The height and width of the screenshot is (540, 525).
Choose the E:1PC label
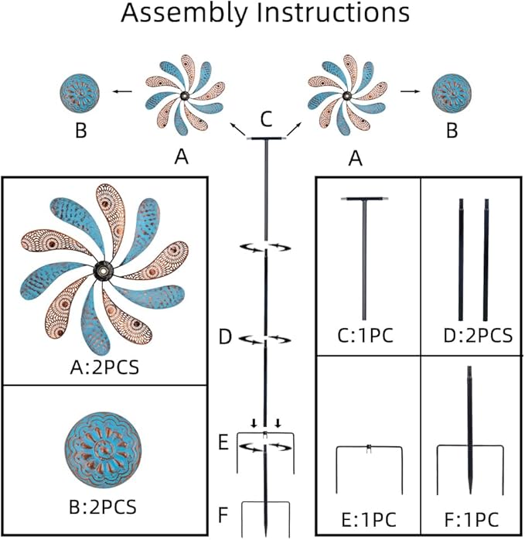coord(367,518)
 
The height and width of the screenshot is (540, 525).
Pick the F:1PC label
coord(469,518)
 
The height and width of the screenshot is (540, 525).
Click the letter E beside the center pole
coord(223,443)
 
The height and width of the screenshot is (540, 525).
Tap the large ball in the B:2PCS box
coord(104,449)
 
